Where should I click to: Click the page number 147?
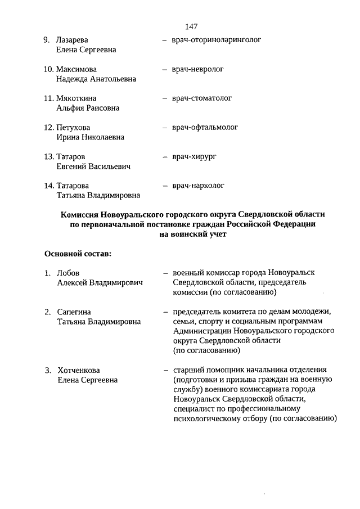191,26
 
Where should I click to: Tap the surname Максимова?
76,69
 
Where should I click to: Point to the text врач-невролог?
198,69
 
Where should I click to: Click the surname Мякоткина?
76,98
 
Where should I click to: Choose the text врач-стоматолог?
202,98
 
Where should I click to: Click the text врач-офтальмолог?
205,128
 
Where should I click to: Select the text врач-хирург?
195,156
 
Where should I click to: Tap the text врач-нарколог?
198,186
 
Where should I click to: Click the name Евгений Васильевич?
93,166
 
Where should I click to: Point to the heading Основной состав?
78,254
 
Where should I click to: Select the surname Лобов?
69,273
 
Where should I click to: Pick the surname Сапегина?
74,312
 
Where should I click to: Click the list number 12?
49,128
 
